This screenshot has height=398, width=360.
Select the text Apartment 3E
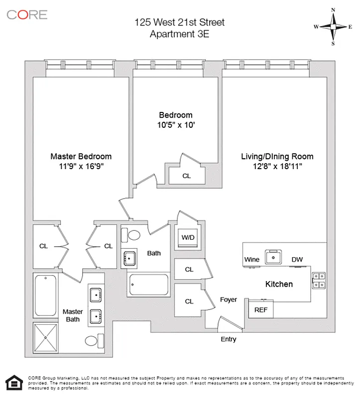(180, 34)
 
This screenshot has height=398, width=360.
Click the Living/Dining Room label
(277, 156)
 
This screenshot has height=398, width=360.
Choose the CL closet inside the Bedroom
(186, 176)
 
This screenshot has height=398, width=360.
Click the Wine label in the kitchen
(252, 259)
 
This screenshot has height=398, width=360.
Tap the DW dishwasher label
(297, 259)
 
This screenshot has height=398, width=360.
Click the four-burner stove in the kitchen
(318, 281)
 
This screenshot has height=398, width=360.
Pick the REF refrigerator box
(261, 309)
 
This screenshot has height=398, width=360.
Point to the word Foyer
(229, 299)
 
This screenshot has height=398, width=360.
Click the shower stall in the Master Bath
(46, 337)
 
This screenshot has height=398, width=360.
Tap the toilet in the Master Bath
(94, 341)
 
